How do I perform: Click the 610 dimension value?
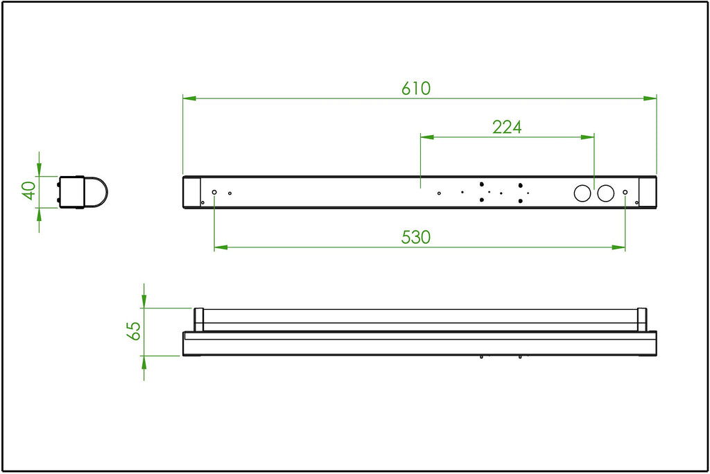[x=416, y=88]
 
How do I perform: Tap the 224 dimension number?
[x=507, y=128]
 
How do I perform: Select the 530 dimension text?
[x=416, y=237]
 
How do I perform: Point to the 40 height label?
[x=29, y=190]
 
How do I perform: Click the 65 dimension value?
[x=134, y=331]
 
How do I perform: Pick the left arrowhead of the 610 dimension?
[x=189, y=98]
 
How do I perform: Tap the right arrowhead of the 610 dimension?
[x=650, y=98]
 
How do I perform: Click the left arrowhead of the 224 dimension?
[x=427, y=137]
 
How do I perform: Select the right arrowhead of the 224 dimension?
[x=587, y=137]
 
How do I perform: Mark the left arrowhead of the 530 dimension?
[x=221, y=247]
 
